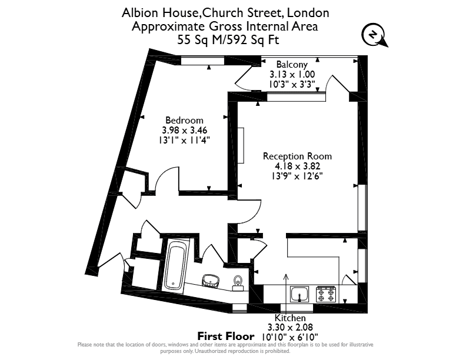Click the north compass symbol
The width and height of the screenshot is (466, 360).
point(374,35)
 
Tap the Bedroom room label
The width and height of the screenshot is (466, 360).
point(184,121)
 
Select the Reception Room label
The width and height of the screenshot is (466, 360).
point(297,156)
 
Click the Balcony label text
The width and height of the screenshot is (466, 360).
point(292,65)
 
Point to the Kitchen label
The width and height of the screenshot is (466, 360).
point(290,318)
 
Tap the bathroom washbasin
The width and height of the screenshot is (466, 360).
point(211,281)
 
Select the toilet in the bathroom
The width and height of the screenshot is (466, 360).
point(238,284)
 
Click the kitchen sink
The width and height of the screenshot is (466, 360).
point(299,294)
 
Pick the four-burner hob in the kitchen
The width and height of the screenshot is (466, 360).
point(326,294)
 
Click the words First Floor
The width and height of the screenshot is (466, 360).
point(226,336)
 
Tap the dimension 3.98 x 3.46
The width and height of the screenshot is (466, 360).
point(184,130)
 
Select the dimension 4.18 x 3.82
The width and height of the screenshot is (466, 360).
point(298,166)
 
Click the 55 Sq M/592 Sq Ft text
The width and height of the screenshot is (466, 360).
point(228,39)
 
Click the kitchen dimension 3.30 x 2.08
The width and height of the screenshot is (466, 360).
point(290,327)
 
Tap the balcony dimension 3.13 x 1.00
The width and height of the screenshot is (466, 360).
point(292,74)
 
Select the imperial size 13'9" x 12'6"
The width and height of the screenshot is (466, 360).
point(297,176)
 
